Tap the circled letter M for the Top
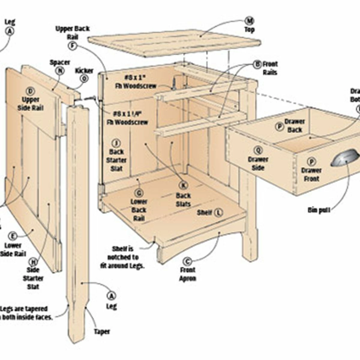250,21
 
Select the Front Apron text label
187,274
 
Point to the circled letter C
187,261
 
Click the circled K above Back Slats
183,185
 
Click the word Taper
102,332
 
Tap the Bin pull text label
319,210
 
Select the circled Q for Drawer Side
258,150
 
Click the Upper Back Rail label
73,33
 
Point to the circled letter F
73,46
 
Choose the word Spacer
60,62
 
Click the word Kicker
84,71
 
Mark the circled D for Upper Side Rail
31,91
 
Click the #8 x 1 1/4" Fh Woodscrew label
127,118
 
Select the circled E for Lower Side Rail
13,236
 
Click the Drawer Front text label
312,174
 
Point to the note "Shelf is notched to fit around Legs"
123,257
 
